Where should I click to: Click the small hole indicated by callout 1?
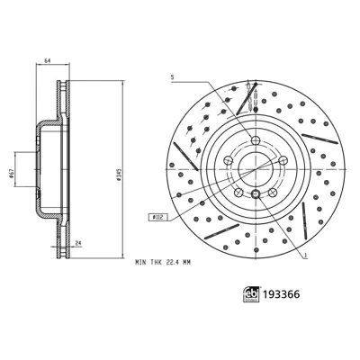coord(256,194)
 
